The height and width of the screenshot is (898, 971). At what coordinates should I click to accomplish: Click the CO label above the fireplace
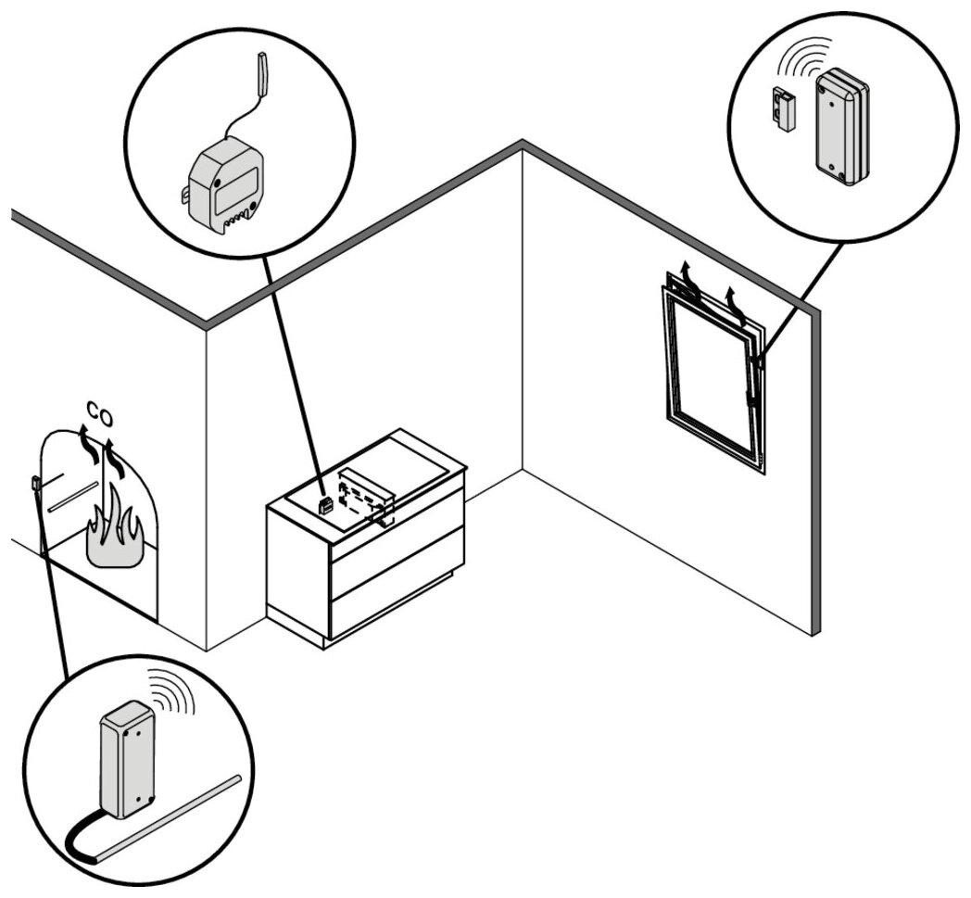[x=100, y=412]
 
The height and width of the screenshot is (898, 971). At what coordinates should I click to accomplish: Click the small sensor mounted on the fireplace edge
[x=35, y=483]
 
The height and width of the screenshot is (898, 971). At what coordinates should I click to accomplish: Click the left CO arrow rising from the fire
[x=88, y=443]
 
